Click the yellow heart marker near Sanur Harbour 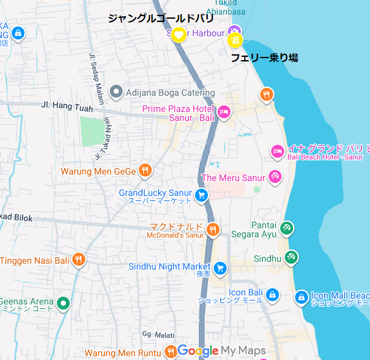tap(179, 34)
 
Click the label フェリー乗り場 tap(265, 58)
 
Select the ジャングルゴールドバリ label tap(160, 18)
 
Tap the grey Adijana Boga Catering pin tap(116, 92)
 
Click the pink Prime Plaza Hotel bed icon tap(224, 112)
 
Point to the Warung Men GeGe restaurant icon tap(145, 171)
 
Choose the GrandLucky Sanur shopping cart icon tap(201, 195)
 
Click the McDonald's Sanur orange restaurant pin tap(213, 229)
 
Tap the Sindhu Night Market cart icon tap(220, 267)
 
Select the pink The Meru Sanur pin tap(274, 176)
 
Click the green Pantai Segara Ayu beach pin tap(287, 228)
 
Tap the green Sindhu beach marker tap(292, 257)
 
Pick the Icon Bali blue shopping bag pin tap(272, 295)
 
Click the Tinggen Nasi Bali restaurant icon tap(79, 259)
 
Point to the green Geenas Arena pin tap(63, 302)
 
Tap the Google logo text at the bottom tap(198, 351)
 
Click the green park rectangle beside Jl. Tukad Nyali tap(92, 131)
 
